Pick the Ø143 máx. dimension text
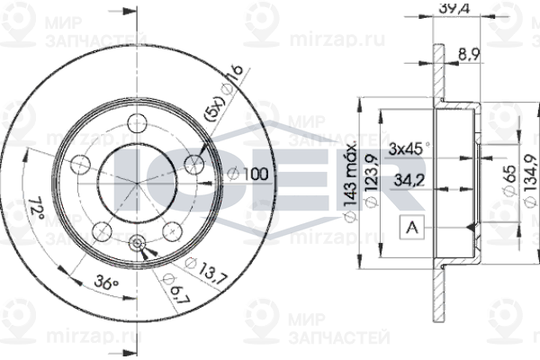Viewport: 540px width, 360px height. click(352, 180)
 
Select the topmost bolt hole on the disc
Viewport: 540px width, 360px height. click(138, 124)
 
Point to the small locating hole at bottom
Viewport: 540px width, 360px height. click(138, 240)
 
